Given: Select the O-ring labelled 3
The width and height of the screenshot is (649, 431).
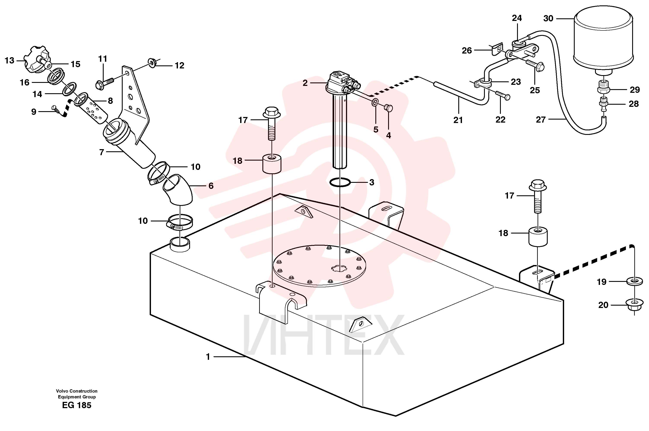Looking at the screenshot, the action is coord(340,182).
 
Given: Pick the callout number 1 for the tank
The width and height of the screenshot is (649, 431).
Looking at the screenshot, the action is coord(208,357).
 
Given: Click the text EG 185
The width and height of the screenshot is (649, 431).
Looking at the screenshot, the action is coord(76,405).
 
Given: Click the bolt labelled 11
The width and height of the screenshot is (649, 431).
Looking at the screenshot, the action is coord(105,82).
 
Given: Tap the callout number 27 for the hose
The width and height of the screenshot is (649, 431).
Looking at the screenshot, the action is coord(541,120).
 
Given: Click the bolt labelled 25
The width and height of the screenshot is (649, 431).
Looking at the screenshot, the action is coord(535,64).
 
